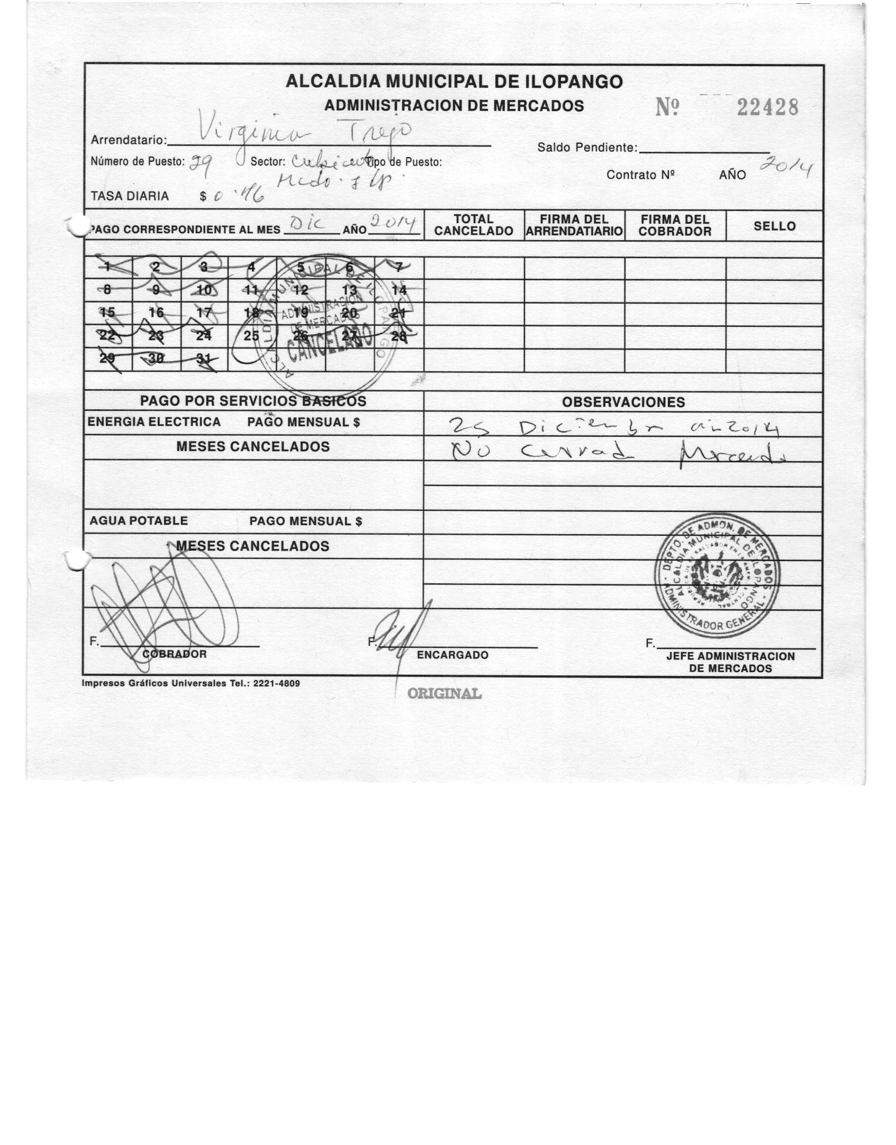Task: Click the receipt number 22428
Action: click(767, 108)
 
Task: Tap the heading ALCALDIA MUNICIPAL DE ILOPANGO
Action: click(454, 81)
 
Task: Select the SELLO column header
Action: click(774, 226)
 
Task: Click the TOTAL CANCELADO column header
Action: click(474, 225)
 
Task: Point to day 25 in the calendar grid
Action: click(251, 335)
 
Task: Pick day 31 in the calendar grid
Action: click(204, 359)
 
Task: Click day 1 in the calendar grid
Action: click(107, 267)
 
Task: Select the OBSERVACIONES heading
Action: click(623, 402)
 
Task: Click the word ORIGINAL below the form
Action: click(444, 693)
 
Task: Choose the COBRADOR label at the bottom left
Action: click(175, 654)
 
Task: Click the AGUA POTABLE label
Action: click(139, 521)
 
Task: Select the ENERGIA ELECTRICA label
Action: click(154, 422)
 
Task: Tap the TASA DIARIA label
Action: click(130, 196)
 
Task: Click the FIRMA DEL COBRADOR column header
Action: click(675, 225)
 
